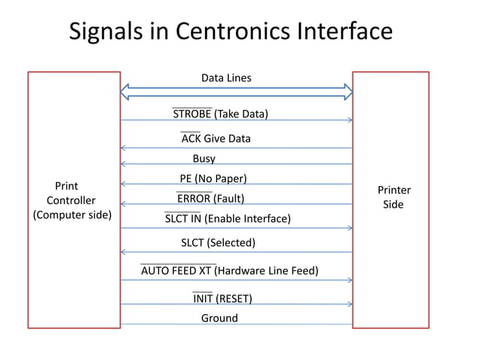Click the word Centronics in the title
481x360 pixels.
click(x=231, y=32)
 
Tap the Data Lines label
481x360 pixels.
click(x=226, y=78)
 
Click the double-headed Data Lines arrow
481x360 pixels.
click(x=237, y=92)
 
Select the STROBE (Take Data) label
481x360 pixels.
click(x=220, y=114)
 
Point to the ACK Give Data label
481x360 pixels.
click(x=216, y=139)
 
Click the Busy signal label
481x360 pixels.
click(x=204, y=158)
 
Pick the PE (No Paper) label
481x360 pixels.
click(x=213, y=178)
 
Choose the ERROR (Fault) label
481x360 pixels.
click(x=210, y=199)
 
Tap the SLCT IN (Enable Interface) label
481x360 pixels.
click(x=227, y=219)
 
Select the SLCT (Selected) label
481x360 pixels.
click(x=218, y=243)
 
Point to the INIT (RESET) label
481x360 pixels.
click(x=222, y=298)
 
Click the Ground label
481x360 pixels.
click(x=219, y=318)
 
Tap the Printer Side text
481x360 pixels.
click(x=394, y=197)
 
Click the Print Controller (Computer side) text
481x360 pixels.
click(x=71, y=200)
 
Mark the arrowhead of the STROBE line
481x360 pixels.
click(x=350, y=121)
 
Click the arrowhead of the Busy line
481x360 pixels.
click(x=123, y=163)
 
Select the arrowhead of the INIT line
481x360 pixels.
click(x=350, y=304)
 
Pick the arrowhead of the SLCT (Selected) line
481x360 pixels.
click(x=123, y=252)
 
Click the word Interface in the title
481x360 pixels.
click(x=344, y=32)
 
